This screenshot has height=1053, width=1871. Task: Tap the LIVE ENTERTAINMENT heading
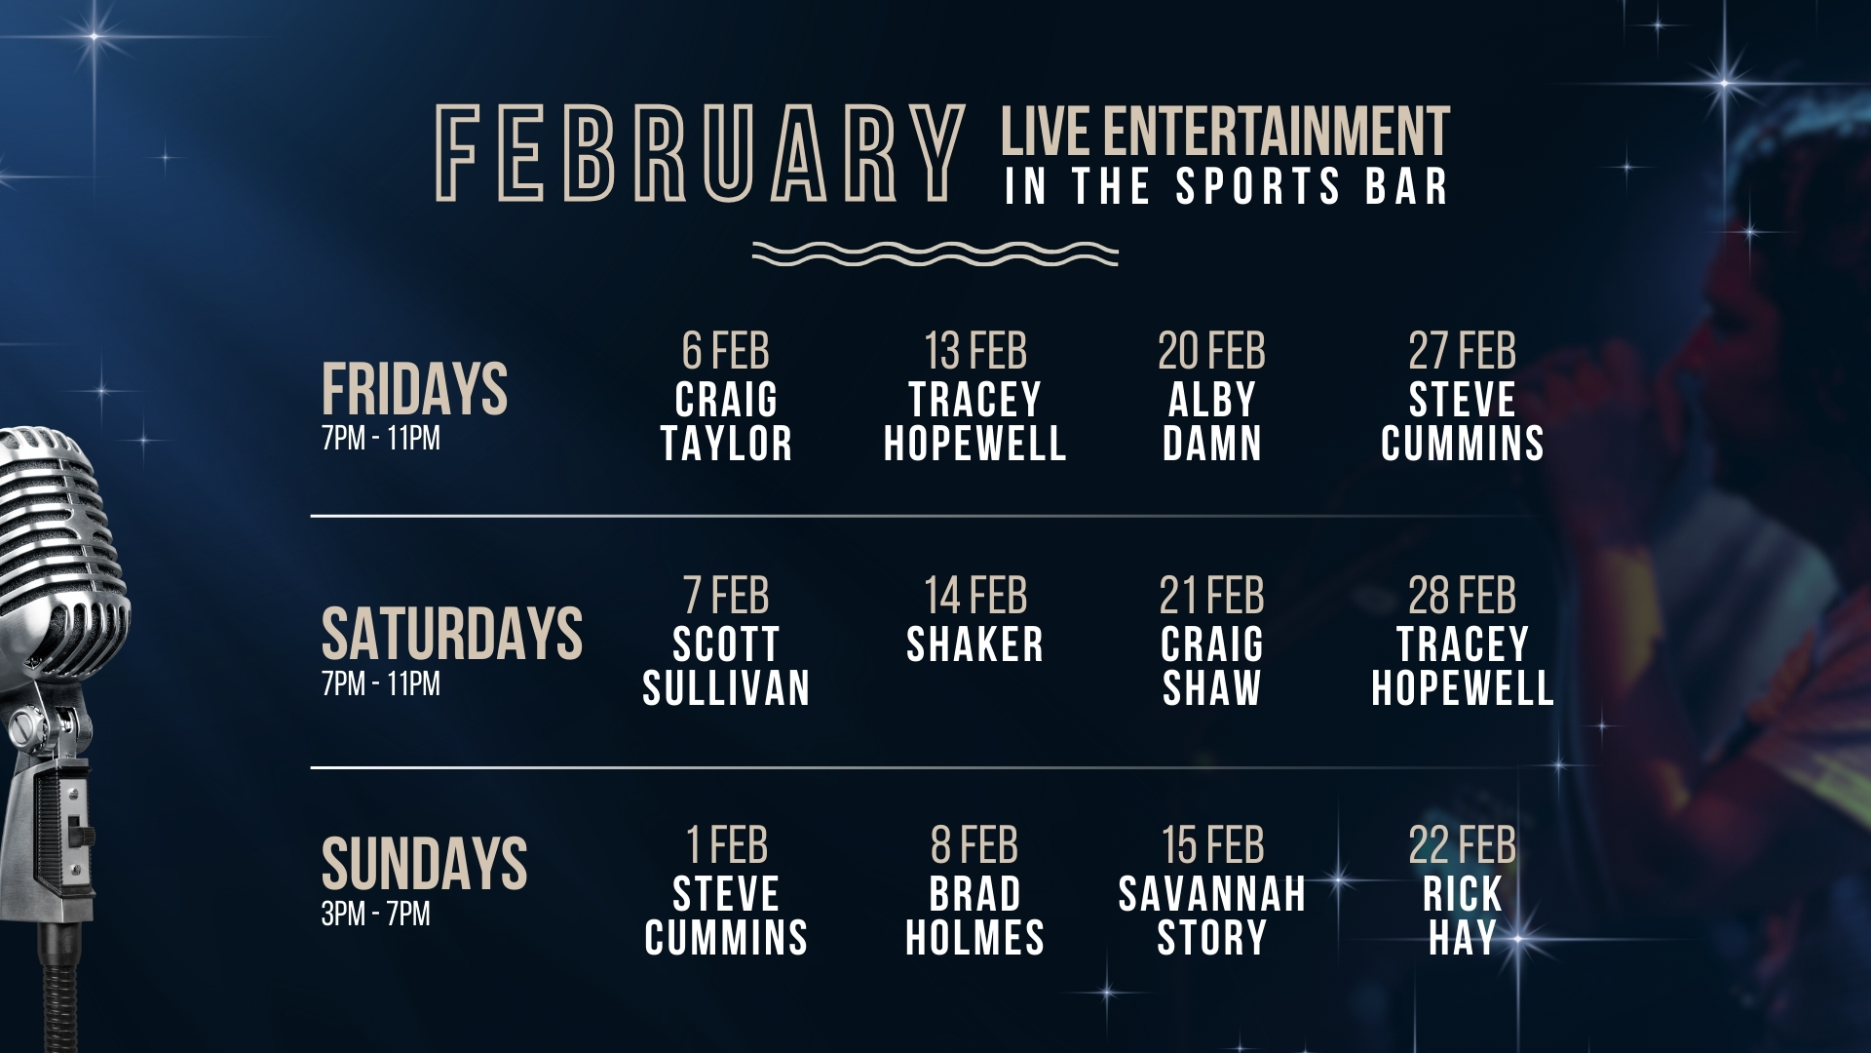[x=1225, y=132]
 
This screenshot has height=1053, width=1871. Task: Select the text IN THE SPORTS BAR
[x=1226, y=186]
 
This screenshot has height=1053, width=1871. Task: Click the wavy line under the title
[x=935, y=253]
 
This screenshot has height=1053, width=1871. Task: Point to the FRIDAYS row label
[x=414, y=388]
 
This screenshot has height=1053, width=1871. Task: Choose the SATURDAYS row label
[x=452, y=633]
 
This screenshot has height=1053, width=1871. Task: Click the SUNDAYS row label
[x=424, y=863]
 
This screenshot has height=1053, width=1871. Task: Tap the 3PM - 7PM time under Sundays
[x=375, y=915]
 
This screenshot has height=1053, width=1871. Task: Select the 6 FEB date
[x=726, y=351]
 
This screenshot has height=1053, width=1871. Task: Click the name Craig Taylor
[x=726, y=421]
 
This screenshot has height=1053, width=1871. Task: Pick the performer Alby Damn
[x=1212, y=421]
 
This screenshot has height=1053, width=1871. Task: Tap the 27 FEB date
[x=1463, y=351]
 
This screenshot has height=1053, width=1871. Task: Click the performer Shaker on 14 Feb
[x=974, y=644]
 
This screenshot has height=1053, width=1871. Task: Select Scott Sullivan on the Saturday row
[x=726, y=666]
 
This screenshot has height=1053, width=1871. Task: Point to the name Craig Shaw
[x=1212, y=666]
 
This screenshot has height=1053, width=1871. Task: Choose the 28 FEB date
[x=1463, y=596]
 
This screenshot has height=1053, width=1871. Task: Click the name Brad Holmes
[x=974, y=916]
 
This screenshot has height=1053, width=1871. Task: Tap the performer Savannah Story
[x=1212, y=916]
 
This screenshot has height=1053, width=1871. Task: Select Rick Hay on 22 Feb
[x=1463, y=916]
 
